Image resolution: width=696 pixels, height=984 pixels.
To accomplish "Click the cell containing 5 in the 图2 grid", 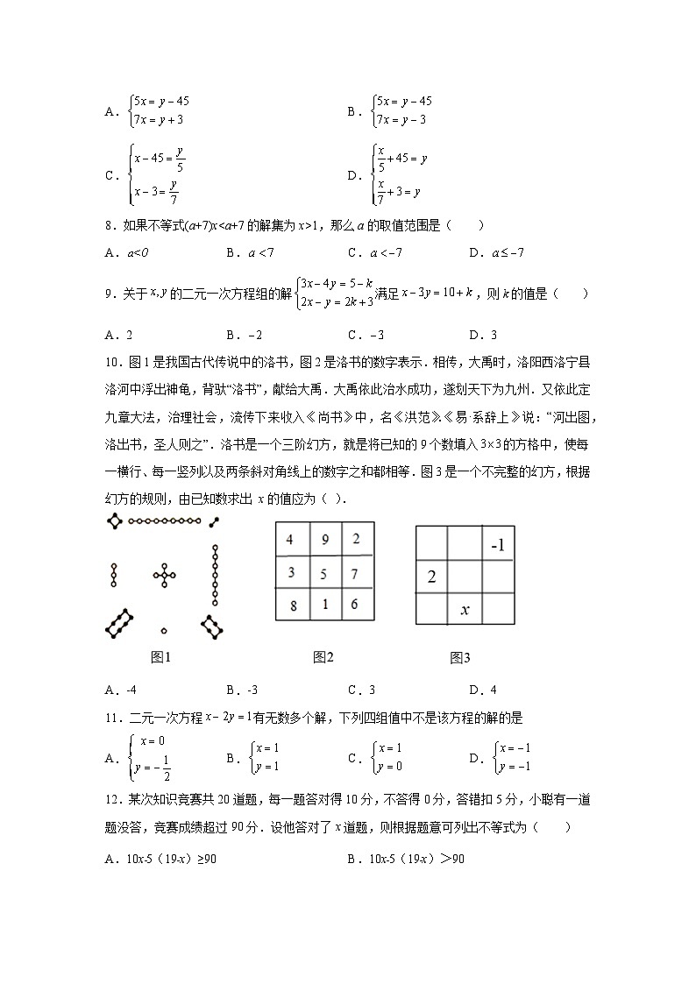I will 325,573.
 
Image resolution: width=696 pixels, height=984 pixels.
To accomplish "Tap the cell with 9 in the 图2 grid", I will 325,540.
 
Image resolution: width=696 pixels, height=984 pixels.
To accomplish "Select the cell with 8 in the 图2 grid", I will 290,605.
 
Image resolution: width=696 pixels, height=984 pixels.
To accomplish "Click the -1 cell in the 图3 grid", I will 498,545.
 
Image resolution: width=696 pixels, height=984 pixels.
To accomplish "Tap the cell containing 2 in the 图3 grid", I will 431,577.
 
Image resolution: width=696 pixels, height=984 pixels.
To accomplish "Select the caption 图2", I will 323,657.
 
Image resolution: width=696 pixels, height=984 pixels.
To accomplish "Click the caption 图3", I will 460,657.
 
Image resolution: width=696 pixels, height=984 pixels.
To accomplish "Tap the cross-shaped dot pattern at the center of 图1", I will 164,575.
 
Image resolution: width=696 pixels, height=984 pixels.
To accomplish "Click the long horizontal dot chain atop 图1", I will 163,522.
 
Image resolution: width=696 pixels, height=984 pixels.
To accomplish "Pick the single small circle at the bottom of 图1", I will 164,630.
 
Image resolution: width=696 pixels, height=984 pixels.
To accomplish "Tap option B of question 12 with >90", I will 405,859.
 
